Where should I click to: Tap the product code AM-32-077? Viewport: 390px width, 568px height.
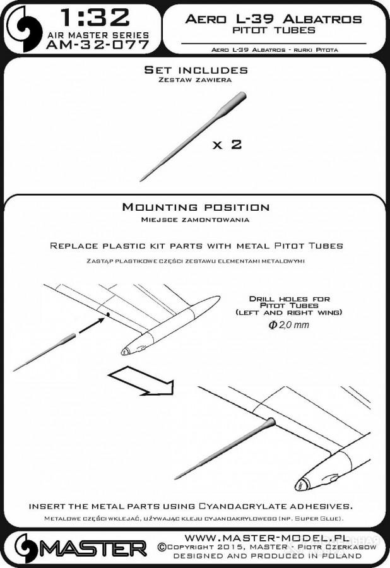click(98, 45)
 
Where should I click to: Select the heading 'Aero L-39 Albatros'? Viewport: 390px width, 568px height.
click(273, 18)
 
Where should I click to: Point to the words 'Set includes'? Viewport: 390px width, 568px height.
click(196, 69)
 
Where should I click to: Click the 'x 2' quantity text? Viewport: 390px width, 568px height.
click(227, 145)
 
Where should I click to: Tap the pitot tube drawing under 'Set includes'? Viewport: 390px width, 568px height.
click(193, 136)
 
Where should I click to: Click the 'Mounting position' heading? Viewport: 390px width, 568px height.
click(196, 207)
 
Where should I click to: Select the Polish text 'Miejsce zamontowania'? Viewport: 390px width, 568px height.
click(195, 220)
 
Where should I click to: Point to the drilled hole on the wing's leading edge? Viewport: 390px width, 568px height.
click(107, 314)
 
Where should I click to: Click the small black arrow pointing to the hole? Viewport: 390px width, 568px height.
click(92, 324)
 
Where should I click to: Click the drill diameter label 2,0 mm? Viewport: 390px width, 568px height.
click(288, 324)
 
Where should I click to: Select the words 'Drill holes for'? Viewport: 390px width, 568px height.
click(289, 299)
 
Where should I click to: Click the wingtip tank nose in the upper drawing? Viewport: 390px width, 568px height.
click(127, 351)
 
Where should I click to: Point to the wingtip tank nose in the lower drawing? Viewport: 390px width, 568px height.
click(302, 485)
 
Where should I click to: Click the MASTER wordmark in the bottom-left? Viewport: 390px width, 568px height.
click(80, 548)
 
